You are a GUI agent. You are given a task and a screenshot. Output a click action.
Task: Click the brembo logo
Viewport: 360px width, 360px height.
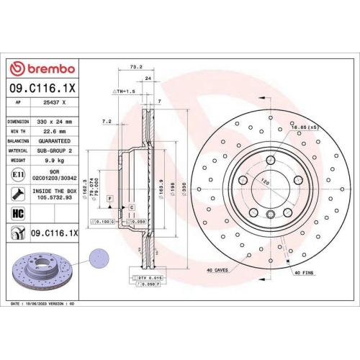41,68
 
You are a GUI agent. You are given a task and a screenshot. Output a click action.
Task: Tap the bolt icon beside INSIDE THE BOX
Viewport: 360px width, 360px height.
17,193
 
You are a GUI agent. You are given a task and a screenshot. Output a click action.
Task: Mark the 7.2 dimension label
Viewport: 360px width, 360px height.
107,122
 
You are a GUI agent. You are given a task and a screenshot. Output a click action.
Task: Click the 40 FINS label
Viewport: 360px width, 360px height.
305,272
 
